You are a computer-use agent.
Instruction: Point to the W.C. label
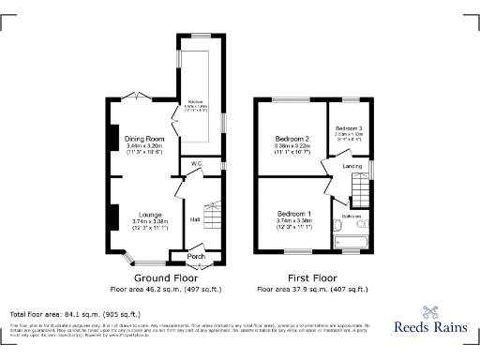[x=197, y=164]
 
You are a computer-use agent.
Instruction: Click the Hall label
[x=195, y=219]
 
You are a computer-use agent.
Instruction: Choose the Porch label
[x=196, y=256]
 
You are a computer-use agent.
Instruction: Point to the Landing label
[x=352, y=166]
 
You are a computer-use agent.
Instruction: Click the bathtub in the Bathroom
[x=353, y=247]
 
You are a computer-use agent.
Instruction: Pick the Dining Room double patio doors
[x=139, y=96]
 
